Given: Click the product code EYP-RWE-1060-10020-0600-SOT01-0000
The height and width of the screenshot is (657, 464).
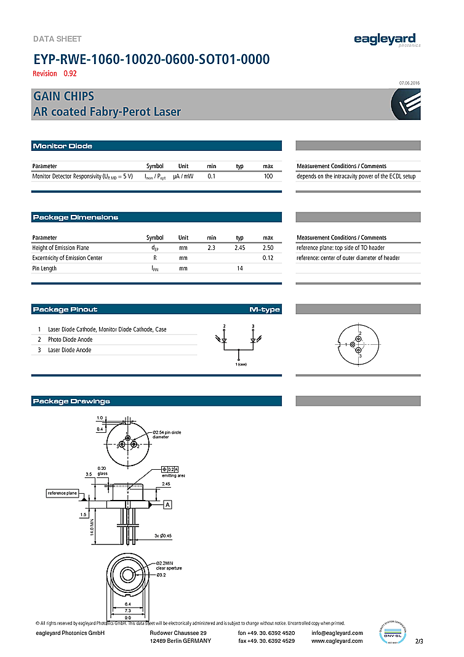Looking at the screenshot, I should tap(151, 60).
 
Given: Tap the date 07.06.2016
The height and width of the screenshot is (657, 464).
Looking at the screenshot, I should tap(409, 83).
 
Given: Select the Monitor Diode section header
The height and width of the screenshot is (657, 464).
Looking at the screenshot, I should tap(63, 146).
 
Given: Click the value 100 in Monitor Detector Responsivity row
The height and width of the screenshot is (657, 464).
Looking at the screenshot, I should tap(268, 176).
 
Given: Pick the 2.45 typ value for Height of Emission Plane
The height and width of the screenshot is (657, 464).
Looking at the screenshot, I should tap(239, 248).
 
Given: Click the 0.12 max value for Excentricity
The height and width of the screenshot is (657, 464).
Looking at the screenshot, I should tap(268, 258).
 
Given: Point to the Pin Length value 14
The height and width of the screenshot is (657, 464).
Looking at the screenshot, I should tap(239, 268).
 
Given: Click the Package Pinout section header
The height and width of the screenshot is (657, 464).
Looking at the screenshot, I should tap(65, 309).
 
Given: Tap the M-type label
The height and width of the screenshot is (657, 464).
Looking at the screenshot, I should tap(265, 309).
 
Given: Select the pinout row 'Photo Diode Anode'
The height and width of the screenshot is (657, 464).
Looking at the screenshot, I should tap(70, 339).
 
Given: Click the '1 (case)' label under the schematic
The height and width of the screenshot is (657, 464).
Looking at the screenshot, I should tap(241, 365).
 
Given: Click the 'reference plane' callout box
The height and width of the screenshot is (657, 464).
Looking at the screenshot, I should tap(63, 493).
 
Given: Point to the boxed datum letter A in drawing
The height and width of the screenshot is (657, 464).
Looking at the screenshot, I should tap(167, 505).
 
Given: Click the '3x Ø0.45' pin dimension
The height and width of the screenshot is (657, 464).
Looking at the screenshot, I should tap(163, 536).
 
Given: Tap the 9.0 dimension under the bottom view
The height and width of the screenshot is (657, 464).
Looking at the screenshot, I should tap(128, 618).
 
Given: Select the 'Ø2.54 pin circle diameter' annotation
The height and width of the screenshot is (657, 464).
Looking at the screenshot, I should tap(168, 435).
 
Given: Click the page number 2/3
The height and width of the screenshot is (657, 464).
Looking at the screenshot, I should tap(420, 642).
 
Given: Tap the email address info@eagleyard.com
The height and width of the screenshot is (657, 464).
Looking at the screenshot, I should tap(337, 633).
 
